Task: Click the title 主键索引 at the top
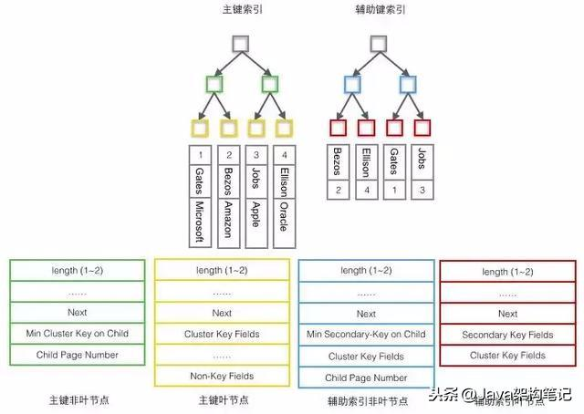click(240, 10)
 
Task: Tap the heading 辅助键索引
click(380, 10)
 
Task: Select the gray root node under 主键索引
click(240, 43)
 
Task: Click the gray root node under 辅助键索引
click(380, 43)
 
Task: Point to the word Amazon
click(227, 219)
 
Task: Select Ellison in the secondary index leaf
click(366, 164)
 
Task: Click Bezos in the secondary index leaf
click(339, 164)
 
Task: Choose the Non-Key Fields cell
click(222, 376)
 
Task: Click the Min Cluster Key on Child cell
click(78, 334)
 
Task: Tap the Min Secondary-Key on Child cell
click(367, 334)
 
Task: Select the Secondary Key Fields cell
click(507, 335)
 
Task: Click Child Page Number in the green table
click(78, 355)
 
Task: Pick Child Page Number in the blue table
click(367, 377)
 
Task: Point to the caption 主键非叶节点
click(78, 399)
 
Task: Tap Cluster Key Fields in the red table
click(507, 356)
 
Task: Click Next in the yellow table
click(222, 313)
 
